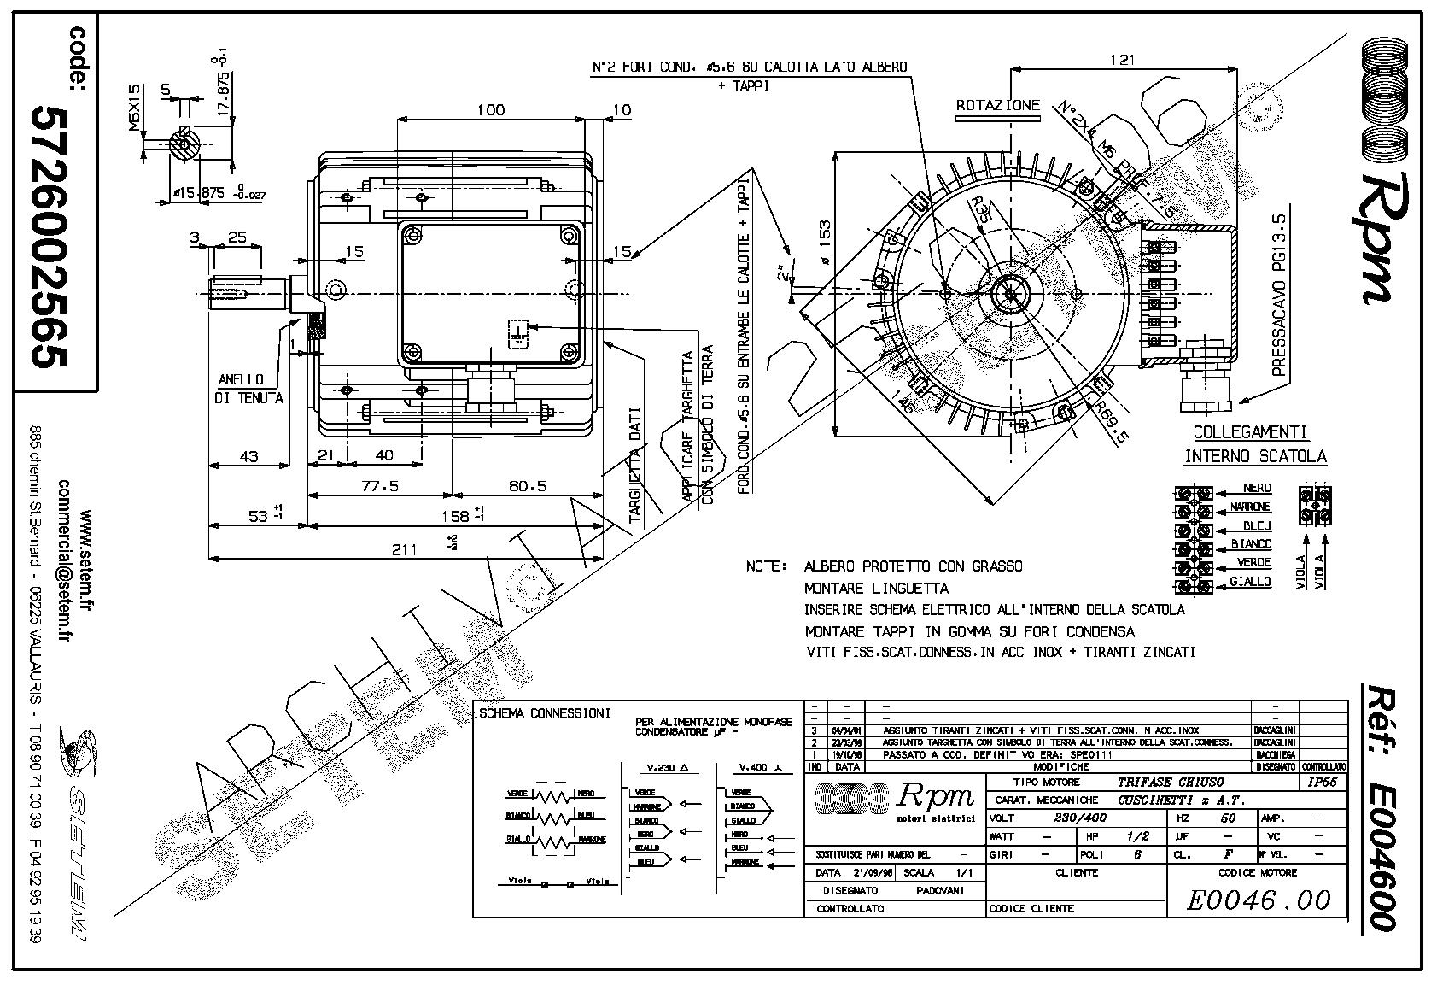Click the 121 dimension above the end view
1124,60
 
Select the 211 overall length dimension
404,549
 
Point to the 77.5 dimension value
380,485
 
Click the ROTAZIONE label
997,106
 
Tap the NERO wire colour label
1257,488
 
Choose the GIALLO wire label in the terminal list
1251,582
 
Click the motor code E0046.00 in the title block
1259,900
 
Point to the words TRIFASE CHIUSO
1171,782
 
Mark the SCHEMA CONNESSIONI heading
544,712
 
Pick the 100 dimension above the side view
490,109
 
